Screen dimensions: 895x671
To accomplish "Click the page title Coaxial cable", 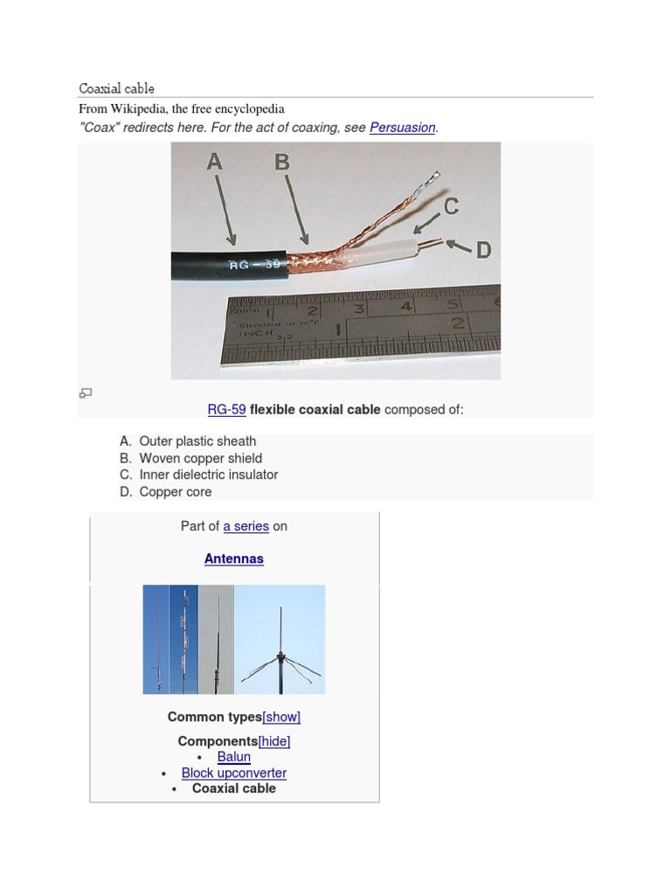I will point(116,88).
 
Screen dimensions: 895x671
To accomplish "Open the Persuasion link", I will point(402,128).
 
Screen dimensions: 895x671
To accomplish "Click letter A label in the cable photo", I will point(215,162).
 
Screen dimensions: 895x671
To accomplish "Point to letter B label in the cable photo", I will point(281,162).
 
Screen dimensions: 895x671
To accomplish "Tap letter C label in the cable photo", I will point(451,207).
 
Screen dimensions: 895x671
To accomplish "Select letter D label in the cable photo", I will point(482,250).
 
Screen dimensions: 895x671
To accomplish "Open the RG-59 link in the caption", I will point(226,410).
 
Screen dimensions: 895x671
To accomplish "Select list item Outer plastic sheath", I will point(197,441).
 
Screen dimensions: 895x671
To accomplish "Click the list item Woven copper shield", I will point(200,458).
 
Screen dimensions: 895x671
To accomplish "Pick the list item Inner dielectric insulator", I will point(208,475).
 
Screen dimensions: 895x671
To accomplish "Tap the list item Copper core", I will point(175,491).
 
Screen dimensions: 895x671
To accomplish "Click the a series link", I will point(246,526).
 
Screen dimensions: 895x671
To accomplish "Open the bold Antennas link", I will point(234,559).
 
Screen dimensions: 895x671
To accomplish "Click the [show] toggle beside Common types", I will point(281,717).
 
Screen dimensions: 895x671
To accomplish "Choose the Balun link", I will point(234,757).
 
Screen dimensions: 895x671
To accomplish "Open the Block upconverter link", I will point(234,773).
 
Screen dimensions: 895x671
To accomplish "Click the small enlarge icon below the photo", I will point(86,393).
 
